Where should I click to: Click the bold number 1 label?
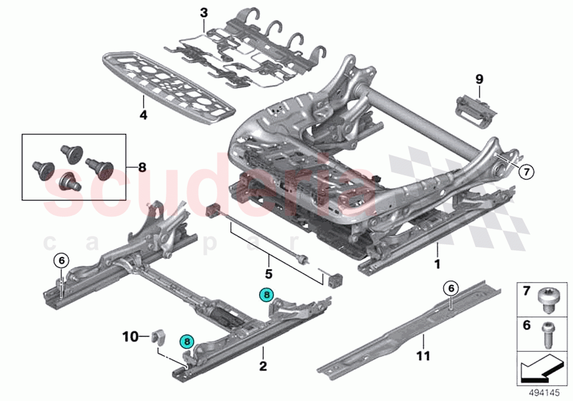tap(437, 264)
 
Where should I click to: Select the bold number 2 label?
tap(263, 367)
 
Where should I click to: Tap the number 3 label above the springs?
tap(204, 12)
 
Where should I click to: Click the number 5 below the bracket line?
tap(268, 272)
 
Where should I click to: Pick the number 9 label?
tap(479, 79)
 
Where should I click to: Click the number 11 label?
tap(423, 356)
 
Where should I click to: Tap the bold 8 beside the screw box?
tap(142, 167)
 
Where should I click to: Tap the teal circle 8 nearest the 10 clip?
tap(187, 342)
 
